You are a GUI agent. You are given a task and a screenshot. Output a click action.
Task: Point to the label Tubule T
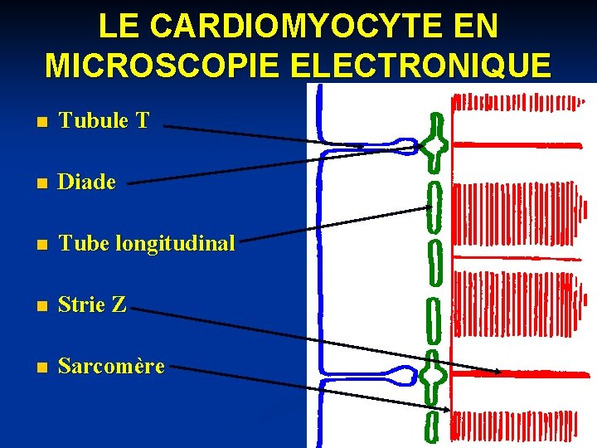point(104,120)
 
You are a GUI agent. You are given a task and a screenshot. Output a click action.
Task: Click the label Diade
point(86,182)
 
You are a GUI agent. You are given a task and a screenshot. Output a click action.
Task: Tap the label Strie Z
point(92,304)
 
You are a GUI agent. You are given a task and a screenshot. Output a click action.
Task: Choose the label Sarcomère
point(111,366)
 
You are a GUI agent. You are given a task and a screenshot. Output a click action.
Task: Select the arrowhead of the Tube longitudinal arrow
point(430,208)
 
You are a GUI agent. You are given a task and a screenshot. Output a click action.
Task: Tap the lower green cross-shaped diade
point(433,377)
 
